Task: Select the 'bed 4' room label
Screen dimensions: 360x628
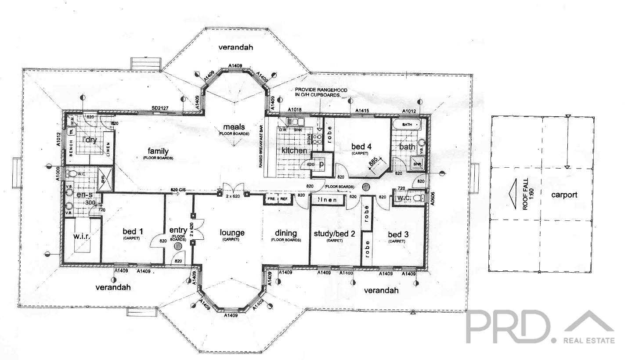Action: click(358, 147)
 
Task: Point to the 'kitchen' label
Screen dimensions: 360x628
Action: click(294, 151)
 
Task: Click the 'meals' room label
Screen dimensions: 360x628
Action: click(234, 127)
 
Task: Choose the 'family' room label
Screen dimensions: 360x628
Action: click(158, 151)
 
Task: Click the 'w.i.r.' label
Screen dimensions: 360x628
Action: click(82, 237)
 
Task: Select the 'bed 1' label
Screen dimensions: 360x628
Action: click(131, 231)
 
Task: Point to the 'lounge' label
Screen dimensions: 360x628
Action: click(232, 233)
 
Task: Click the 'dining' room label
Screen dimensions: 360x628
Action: click(285, 233)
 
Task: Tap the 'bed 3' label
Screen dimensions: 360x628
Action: click(398, 234)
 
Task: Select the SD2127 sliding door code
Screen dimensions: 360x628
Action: click(161, 108)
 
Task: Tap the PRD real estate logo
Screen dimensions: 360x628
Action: click(540, 327)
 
